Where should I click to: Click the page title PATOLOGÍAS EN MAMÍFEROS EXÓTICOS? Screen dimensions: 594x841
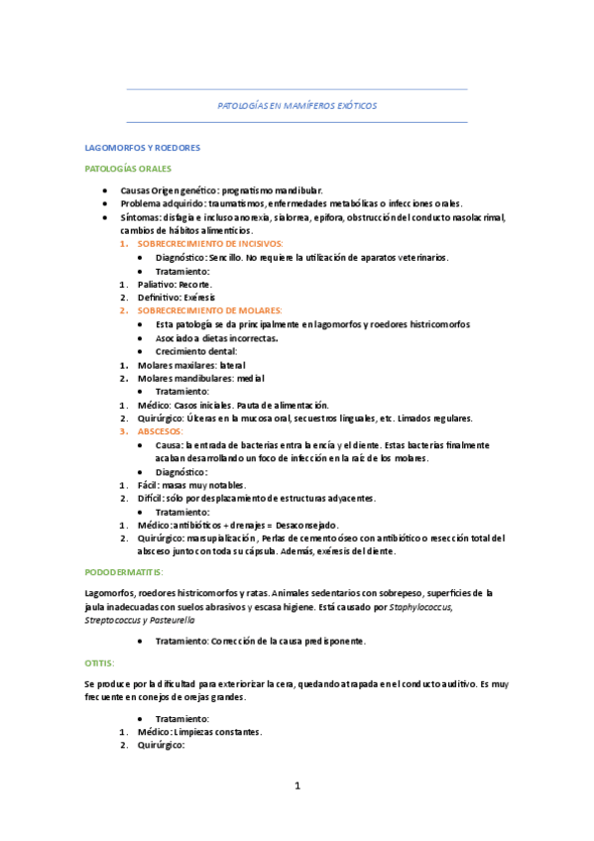(x=297, y=105)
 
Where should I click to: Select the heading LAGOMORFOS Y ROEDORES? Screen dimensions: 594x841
(x=143, y=148)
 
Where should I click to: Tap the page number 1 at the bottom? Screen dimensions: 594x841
(x=297, y=786)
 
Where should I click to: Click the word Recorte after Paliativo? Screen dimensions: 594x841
(x=195, y=284)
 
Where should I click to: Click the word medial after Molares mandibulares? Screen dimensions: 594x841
(x=251, y=378)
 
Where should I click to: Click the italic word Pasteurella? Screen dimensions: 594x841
(x=171, y=619)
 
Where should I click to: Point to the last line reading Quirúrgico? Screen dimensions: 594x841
(x=162, y=746)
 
